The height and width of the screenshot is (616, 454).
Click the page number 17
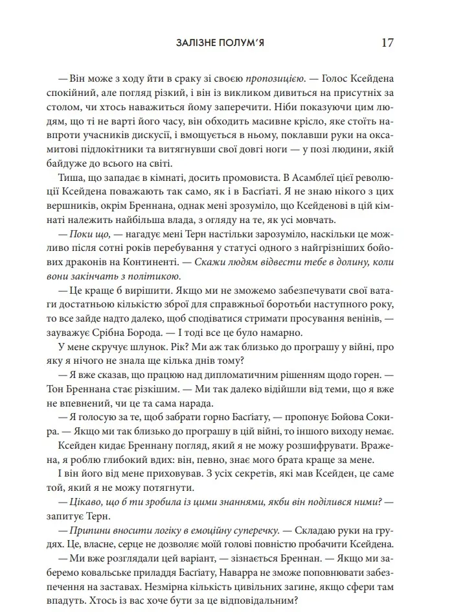click(387, 43)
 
